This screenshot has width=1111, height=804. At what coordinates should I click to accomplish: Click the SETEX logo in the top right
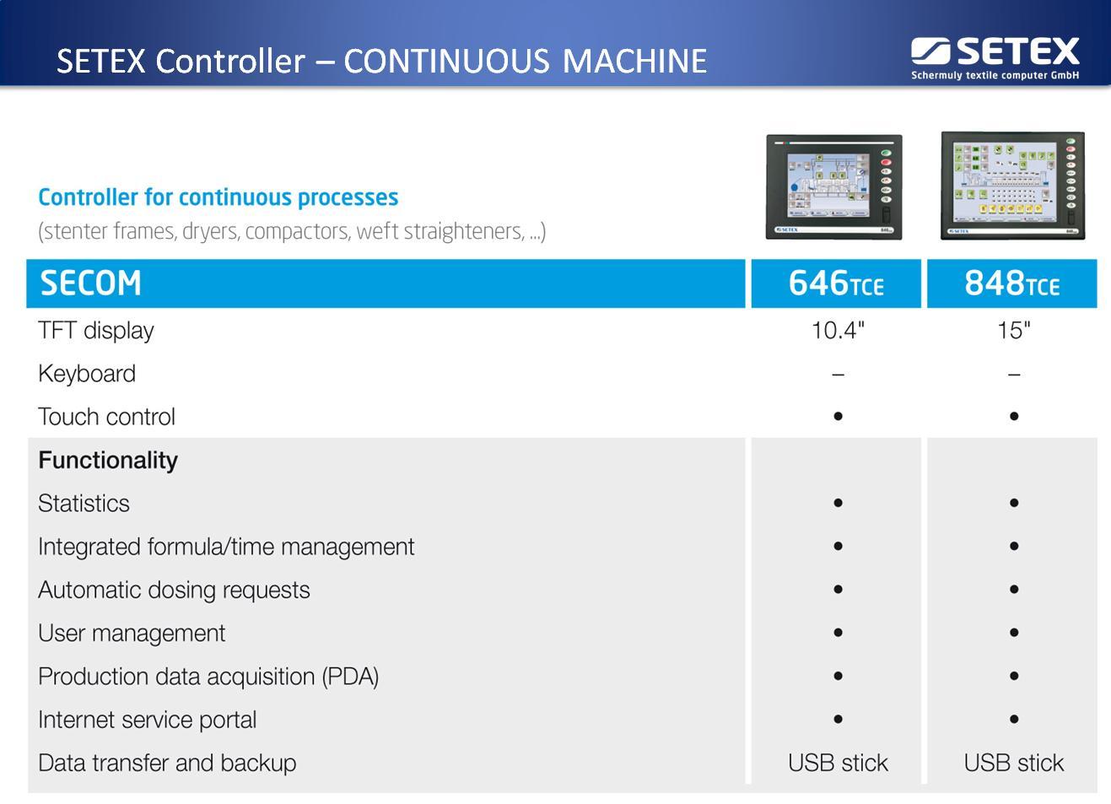tap(995, 57)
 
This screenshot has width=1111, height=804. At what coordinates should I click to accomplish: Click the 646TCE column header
tap(835, 283)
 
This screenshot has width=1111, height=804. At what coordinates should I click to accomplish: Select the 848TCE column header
tap(1011, 283)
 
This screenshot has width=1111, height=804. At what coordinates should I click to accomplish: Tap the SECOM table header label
tap(91, 283)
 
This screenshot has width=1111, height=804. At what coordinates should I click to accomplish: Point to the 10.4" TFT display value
tap(838, 330)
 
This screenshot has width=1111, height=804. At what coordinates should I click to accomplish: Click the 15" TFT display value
tap(1013, 330)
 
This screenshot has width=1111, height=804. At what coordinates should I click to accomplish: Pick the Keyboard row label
tap(87, 374)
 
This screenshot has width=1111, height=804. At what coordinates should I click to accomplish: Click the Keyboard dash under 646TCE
tap(838, 374)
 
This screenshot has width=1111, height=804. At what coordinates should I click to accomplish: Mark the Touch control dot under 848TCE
tap(1014, 416)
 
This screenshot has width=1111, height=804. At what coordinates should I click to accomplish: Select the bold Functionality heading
tap(108, 460)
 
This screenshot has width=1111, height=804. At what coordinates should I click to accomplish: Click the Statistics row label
tap(84, 504)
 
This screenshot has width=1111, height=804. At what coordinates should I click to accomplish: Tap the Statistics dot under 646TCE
tap(838, 503)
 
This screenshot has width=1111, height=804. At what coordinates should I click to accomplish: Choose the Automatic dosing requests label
tap(174, 590)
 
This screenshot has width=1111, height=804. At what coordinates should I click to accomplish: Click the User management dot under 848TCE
tap(1014, 633)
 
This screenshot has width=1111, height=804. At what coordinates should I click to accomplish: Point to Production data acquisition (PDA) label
tap(208, 677)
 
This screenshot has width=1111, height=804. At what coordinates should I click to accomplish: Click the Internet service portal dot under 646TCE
tap(838, 720)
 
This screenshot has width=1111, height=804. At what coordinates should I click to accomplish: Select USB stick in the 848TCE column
tap(1013, 763)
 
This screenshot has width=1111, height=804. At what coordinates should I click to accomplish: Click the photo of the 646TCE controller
tap(833, 186)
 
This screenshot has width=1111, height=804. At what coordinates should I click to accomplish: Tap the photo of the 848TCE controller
tap(1012, 185)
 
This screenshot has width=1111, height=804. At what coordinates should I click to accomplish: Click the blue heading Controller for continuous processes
tap(218, 197)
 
